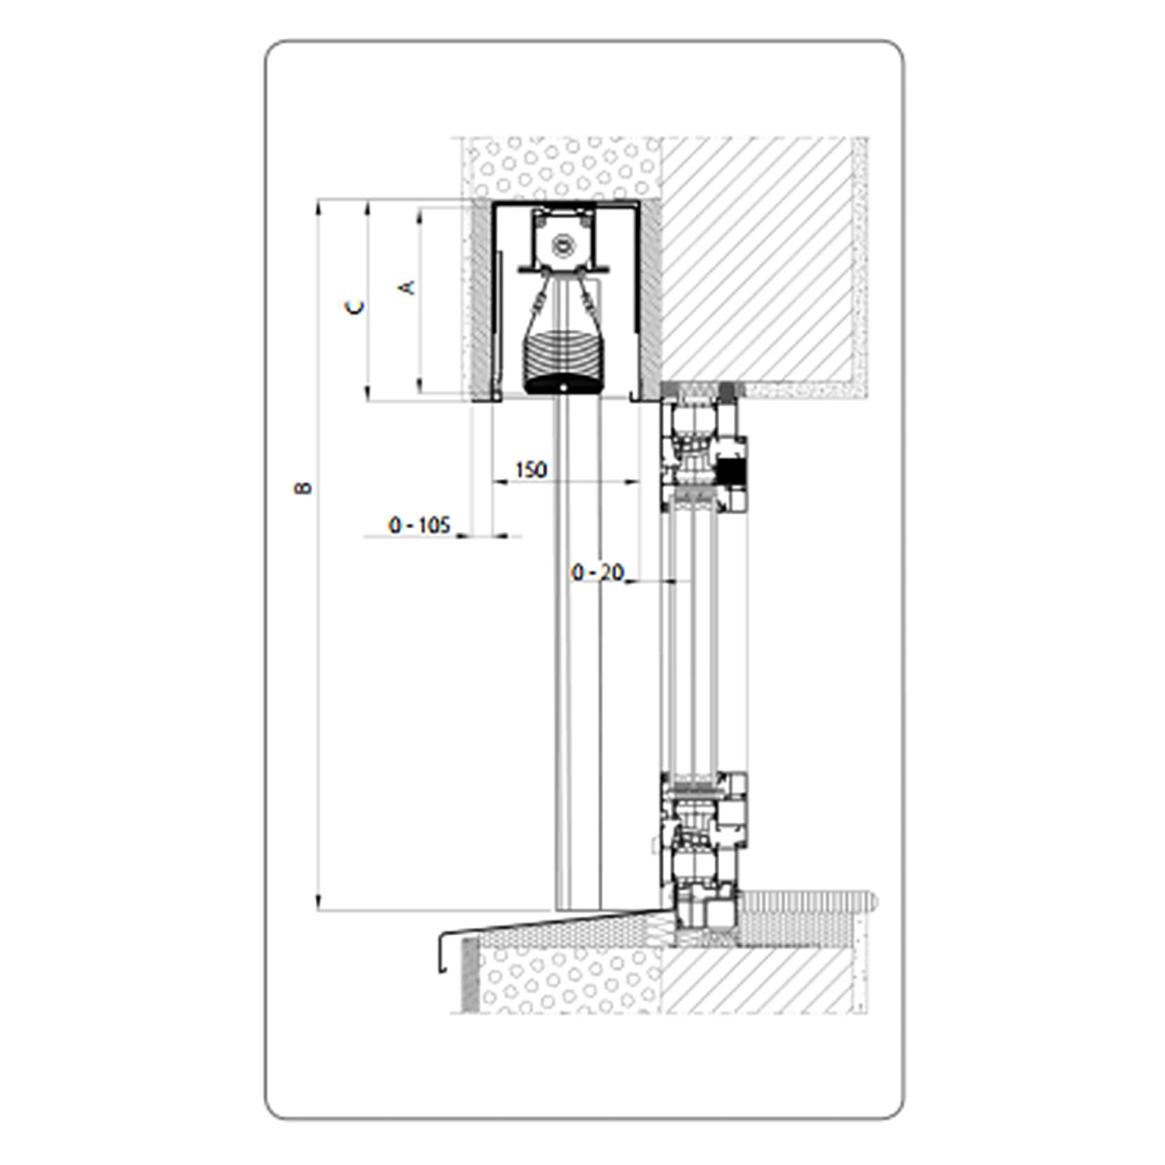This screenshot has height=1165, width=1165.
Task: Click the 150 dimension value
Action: [x=530, y=470]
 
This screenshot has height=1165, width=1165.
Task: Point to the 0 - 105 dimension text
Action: [x=419, y=525]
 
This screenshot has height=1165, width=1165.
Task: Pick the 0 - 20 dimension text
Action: [x=597, y=572]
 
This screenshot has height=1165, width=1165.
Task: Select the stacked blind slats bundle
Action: [x=560, y=356]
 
